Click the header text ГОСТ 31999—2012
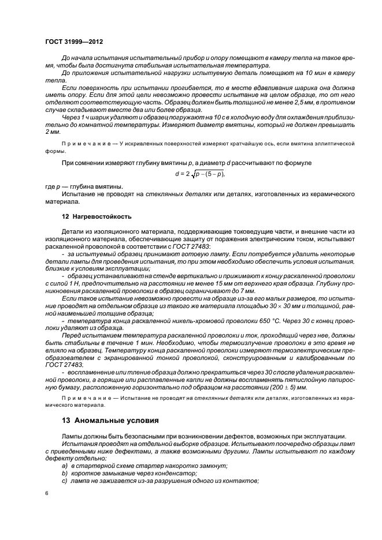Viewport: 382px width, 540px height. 74,42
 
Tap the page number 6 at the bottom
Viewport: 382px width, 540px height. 47,492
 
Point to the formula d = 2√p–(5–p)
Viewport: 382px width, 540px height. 200,173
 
